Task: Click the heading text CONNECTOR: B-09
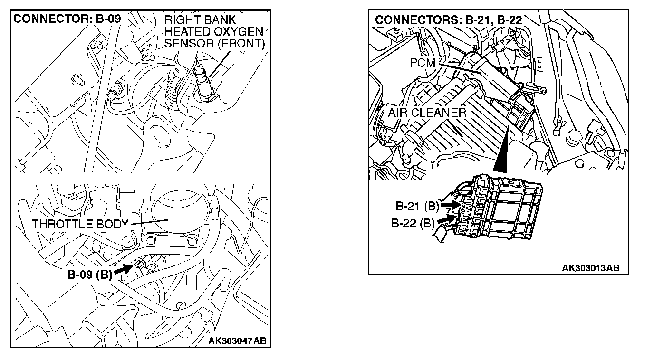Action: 67,19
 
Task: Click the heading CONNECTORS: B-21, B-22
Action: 448,20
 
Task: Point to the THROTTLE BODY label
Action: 80,224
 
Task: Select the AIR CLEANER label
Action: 427,113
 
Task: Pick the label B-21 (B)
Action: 417,207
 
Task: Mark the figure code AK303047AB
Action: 238,341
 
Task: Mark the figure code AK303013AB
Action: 591,268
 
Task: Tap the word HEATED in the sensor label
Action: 187,32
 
